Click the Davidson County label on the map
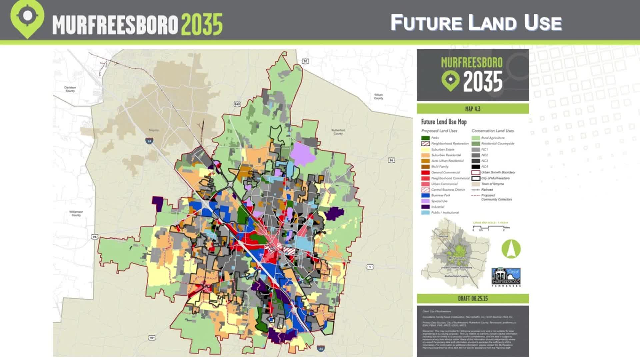point(70,89)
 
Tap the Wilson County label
point(378,97)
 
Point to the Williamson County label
point(76,213)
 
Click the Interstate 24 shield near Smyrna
point(149,141)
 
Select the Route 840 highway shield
point(237,104)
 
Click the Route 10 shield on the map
point(305,61)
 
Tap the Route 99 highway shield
point(152,338)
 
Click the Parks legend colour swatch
point(425,138)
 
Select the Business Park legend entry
point(440,195)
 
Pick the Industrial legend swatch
point(425,207)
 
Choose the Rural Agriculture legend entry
point(492,138)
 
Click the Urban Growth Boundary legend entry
point(498,173)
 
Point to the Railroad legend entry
point(487,190)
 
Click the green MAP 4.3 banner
point(473,109)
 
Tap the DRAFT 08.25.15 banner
point(473,299)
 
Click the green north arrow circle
point(511,249)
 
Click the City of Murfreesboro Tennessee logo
point(506,277)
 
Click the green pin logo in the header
point(27,18)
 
